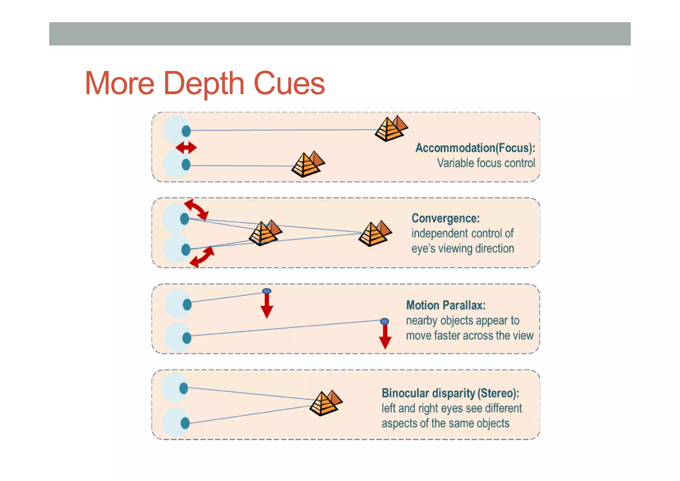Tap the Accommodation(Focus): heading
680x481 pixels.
click(475, 148)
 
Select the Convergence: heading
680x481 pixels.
click(446, 218)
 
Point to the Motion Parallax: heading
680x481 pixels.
click(446, 305)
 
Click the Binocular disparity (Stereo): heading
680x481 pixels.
click(450, 393)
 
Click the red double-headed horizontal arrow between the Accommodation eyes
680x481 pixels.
click(186, 148)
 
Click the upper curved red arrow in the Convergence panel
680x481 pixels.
click(197, 209)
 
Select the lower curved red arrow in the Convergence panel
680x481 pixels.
click(202, 257)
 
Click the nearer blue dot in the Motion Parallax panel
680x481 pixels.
click(267, 291)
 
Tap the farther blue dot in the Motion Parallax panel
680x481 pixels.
click(384, 321)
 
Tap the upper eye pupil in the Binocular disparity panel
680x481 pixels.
click(184, 388)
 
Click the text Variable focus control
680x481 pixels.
click(486, 163)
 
